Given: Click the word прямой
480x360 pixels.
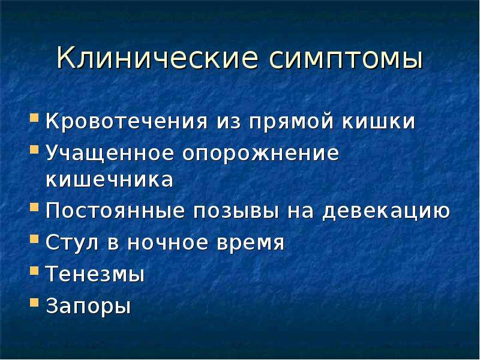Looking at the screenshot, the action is point(290,122).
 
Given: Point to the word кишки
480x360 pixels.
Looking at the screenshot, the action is point(379,121).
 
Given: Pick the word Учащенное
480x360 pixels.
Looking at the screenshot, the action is point(109,153).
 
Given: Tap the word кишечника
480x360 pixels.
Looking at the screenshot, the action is point(110,179).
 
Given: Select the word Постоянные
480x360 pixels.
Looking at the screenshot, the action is point(115,211).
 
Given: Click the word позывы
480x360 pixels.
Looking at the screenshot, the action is point(236,211).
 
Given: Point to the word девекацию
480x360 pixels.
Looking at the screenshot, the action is point(386,212).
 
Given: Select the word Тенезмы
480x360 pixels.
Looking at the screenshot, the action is point(95,274).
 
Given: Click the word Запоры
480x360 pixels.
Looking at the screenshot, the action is point(88,306).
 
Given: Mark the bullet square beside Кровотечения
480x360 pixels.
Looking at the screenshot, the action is point(34,118).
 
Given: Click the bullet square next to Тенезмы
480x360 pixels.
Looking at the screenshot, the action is point(34,271).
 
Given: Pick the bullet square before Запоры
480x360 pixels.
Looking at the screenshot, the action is point(34,302).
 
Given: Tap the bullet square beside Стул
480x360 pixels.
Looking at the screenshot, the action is point(34,239).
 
